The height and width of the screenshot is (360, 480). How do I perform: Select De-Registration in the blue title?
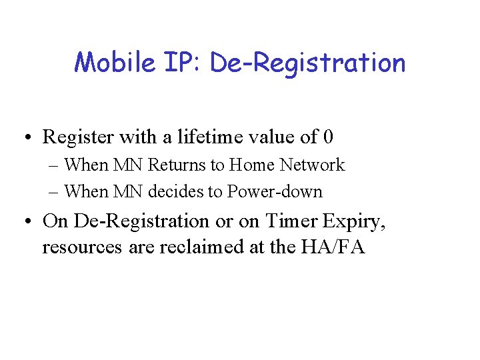tap(307, 63)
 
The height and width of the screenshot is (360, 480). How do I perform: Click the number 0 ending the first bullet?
tap(327, 137)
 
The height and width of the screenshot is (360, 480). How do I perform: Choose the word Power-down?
tap(275, 192)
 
